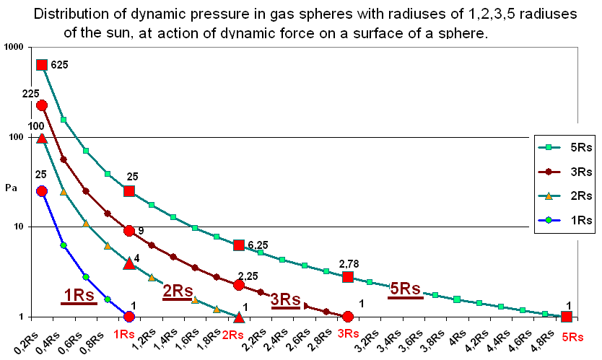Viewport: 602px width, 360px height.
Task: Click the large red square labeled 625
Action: [x=42, y=65]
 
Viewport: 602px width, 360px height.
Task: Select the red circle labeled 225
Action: [x=42, y=105]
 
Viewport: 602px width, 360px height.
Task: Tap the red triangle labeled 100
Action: [x=42, y=139]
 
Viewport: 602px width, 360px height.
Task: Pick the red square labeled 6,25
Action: [x=239, y=245]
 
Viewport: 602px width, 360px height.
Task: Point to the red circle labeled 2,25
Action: [x=239, y=285]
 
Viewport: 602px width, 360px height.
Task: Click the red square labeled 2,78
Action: [x=348, y=277]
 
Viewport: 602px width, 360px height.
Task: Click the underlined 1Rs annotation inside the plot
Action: [x=78, y=295]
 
